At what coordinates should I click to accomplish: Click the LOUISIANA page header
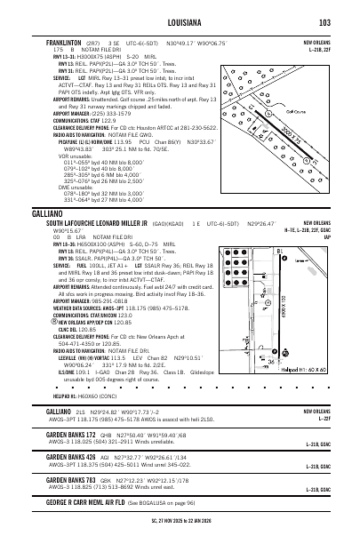[180, 22]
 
